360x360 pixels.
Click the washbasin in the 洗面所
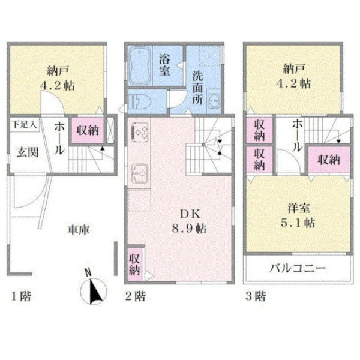coord(214,101)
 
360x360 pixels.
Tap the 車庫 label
coord(79,229)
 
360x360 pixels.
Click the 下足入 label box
coord(25,125)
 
